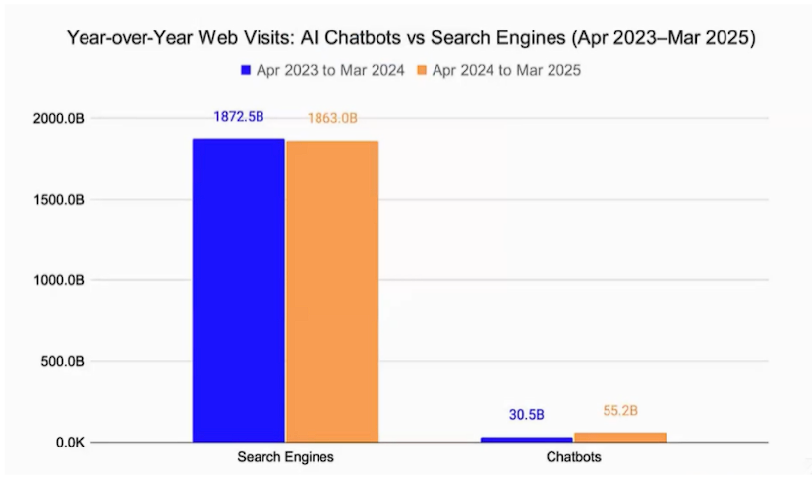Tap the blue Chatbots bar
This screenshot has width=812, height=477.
pyautogui.click(x=526, y=439)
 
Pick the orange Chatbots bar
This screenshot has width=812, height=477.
pyautogui.click(x=620, y=437)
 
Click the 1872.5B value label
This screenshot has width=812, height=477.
pyautogui.click(x=238, y=117)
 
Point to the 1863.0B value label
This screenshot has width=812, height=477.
pyautogui.click(x=332, y=119)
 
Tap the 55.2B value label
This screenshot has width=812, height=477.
pyautogui.click(x=620, y=410)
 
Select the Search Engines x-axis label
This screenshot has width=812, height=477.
pyautogui.click(x=285, y=458)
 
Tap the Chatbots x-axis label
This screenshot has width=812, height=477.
pyautogui.click(x=574, y=458)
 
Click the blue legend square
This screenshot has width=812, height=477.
pyautogui.click(x=246, y=71)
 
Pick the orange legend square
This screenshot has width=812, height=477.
pyautogui.click(x=424, y=71)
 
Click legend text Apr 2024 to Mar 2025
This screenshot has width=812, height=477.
pyautogui.click(x=506, y=71)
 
